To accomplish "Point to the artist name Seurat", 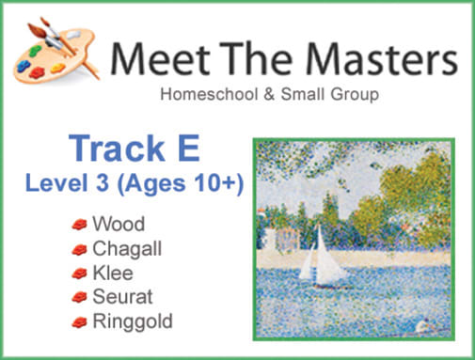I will (119, 297).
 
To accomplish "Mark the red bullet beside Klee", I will (79, 273).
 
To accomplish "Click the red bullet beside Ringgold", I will (79, 321).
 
